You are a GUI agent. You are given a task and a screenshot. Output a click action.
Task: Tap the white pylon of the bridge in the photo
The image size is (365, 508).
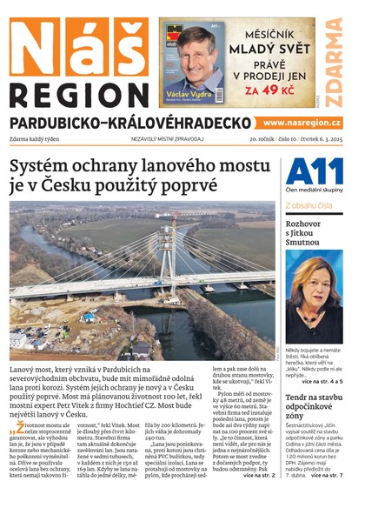coord(164,257)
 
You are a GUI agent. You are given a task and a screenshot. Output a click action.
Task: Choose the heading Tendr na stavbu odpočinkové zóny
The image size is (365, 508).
coord(314,409)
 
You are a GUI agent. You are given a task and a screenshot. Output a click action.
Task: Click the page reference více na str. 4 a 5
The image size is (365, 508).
coord(322,381)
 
